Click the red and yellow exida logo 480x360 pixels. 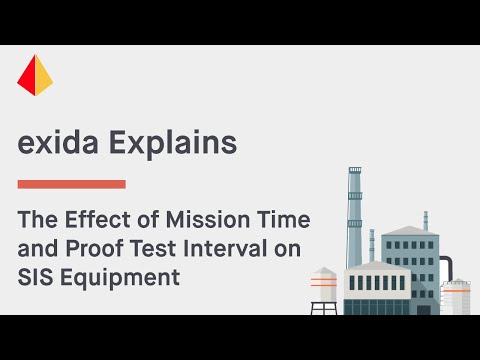pos(35,75)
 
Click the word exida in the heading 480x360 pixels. pos(57,142)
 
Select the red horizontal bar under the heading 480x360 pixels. pos(71,184)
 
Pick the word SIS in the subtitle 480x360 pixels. pos(37,277)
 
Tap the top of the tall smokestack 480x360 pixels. pos(354,172)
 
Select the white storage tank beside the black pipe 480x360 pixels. pos(457,295)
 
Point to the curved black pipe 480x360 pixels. pos(446,264)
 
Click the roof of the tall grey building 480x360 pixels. pos(410,230)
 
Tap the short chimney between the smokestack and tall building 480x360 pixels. pos(372,245)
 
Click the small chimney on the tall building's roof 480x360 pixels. pos(425,219)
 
